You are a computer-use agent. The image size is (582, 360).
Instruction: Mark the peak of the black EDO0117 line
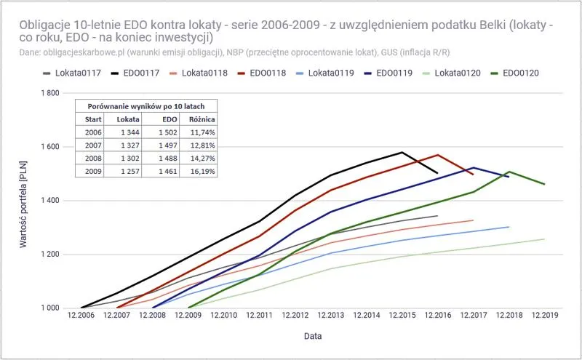(x=402, y=153)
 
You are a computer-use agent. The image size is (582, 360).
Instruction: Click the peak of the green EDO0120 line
(x=509, y=172)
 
